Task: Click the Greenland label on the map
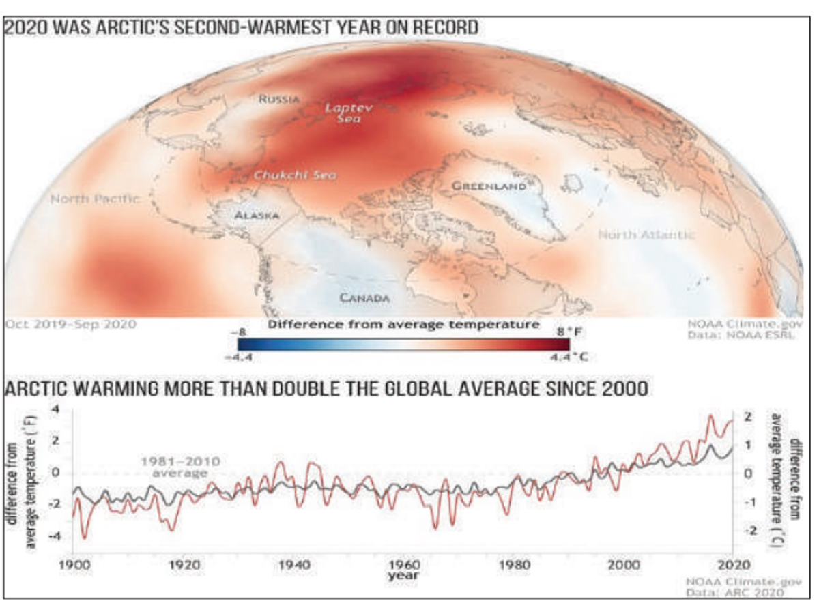(x=489, y=186)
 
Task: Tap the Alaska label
(x=256, y=216)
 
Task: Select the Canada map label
(x=364, y=298)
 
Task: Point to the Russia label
(x=278, y=99)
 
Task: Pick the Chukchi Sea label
(x=295, y=175)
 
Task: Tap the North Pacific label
(x=95, y=199)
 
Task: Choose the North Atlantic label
(x=646, y=235)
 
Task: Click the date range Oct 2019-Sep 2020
(x=71, y=324)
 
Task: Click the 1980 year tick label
(x=514, y=566)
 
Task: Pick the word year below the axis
(x=403, y=576)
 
